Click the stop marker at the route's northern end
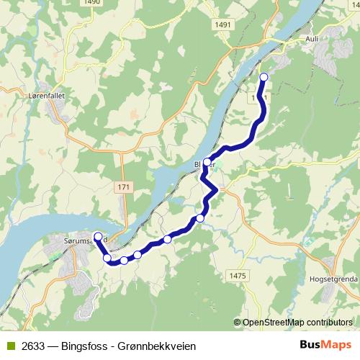coord(264,77)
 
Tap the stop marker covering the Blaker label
coord(207,162)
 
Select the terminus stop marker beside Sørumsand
coord(98,236)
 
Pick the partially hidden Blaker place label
coord(198,163)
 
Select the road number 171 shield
coord(124,187)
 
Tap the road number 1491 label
coord(222,24)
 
